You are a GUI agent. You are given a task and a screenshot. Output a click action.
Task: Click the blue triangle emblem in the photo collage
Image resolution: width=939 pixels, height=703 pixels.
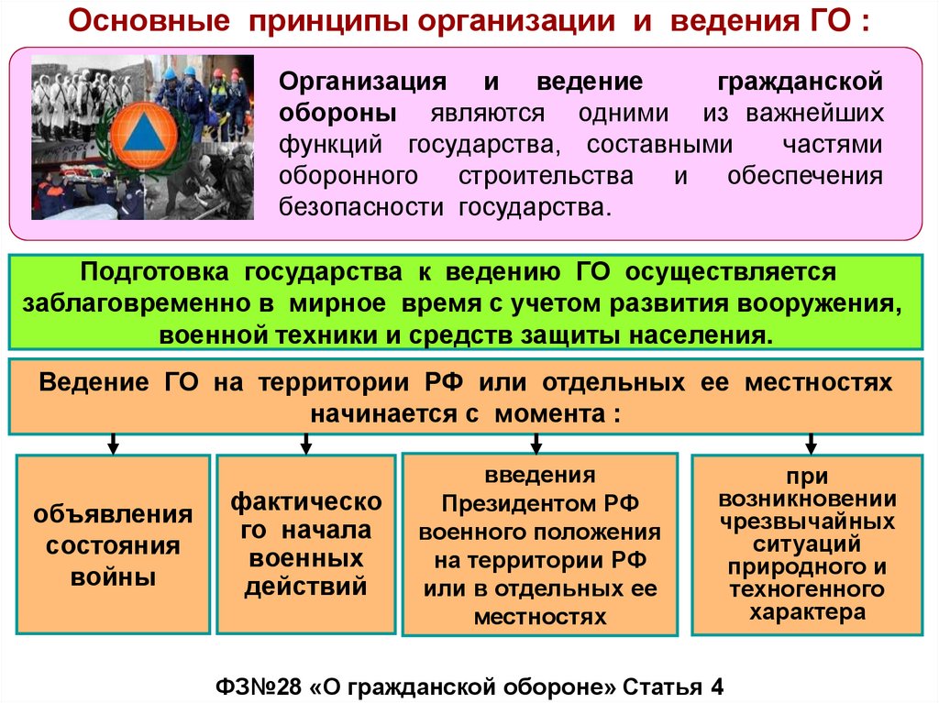pyautogui.click(x=141, y=136)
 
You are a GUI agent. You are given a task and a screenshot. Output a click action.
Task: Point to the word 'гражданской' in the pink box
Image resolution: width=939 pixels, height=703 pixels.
pyautogui.click(x=799, y=82)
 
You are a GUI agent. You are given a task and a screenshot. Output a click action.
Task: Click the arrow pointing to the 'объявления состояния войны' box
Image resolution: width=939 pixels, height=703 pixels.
pyautogui.click(x=113, y=444)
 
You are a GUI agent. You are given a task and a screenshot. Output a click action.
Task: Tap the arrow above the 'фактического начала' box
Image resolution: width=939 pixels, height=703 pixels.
pyautogui.click(x=306, y=444)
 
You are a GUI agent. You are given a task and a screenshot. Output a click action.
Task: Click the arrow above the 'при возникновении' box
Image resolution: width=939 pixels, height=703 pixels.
pyautogui.click(x=812, y=444)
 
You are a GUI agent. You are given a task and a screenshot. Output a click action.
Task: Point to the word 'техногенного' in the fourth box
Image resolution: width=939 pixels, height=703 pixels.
pyautogui.click(x=807, y=588)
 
